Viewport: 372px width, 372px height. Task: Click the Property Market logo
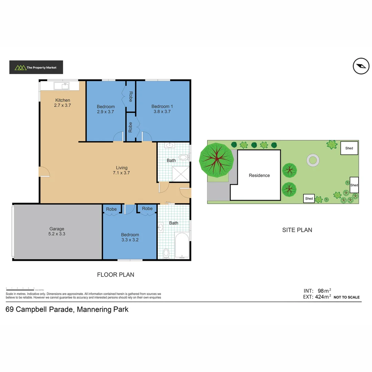[36, 68]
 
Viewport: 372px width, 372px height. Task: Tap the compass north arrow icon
[361, 66]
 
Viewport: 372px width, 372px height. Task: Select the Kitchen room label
[62, 100]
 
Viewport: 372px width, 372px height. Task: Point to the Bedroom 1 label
[162, 106]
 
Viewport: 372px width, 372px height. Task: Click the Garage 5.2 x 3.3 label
[57, 231]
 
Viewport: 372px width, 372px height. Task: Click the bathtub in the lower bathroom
[182, 245]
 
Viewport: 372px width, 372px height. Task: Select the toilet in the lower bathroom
[166, 253]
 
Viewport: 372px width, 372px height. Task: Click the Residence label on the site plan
[259, 175]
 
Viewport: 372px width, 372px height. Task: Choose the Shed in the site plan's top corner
[349, 148]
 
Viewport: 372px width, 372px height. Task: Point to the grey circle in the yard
[313, 160]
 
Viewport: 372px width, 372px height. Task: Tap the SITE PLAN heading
[297, 230]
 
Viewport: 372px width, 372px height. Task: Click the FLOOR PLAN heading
[115, 275]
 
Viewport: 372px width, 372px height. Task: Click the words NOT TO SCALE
[347, 297]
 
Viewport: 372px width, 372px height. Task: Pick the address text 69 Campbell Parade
[67, 309]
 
